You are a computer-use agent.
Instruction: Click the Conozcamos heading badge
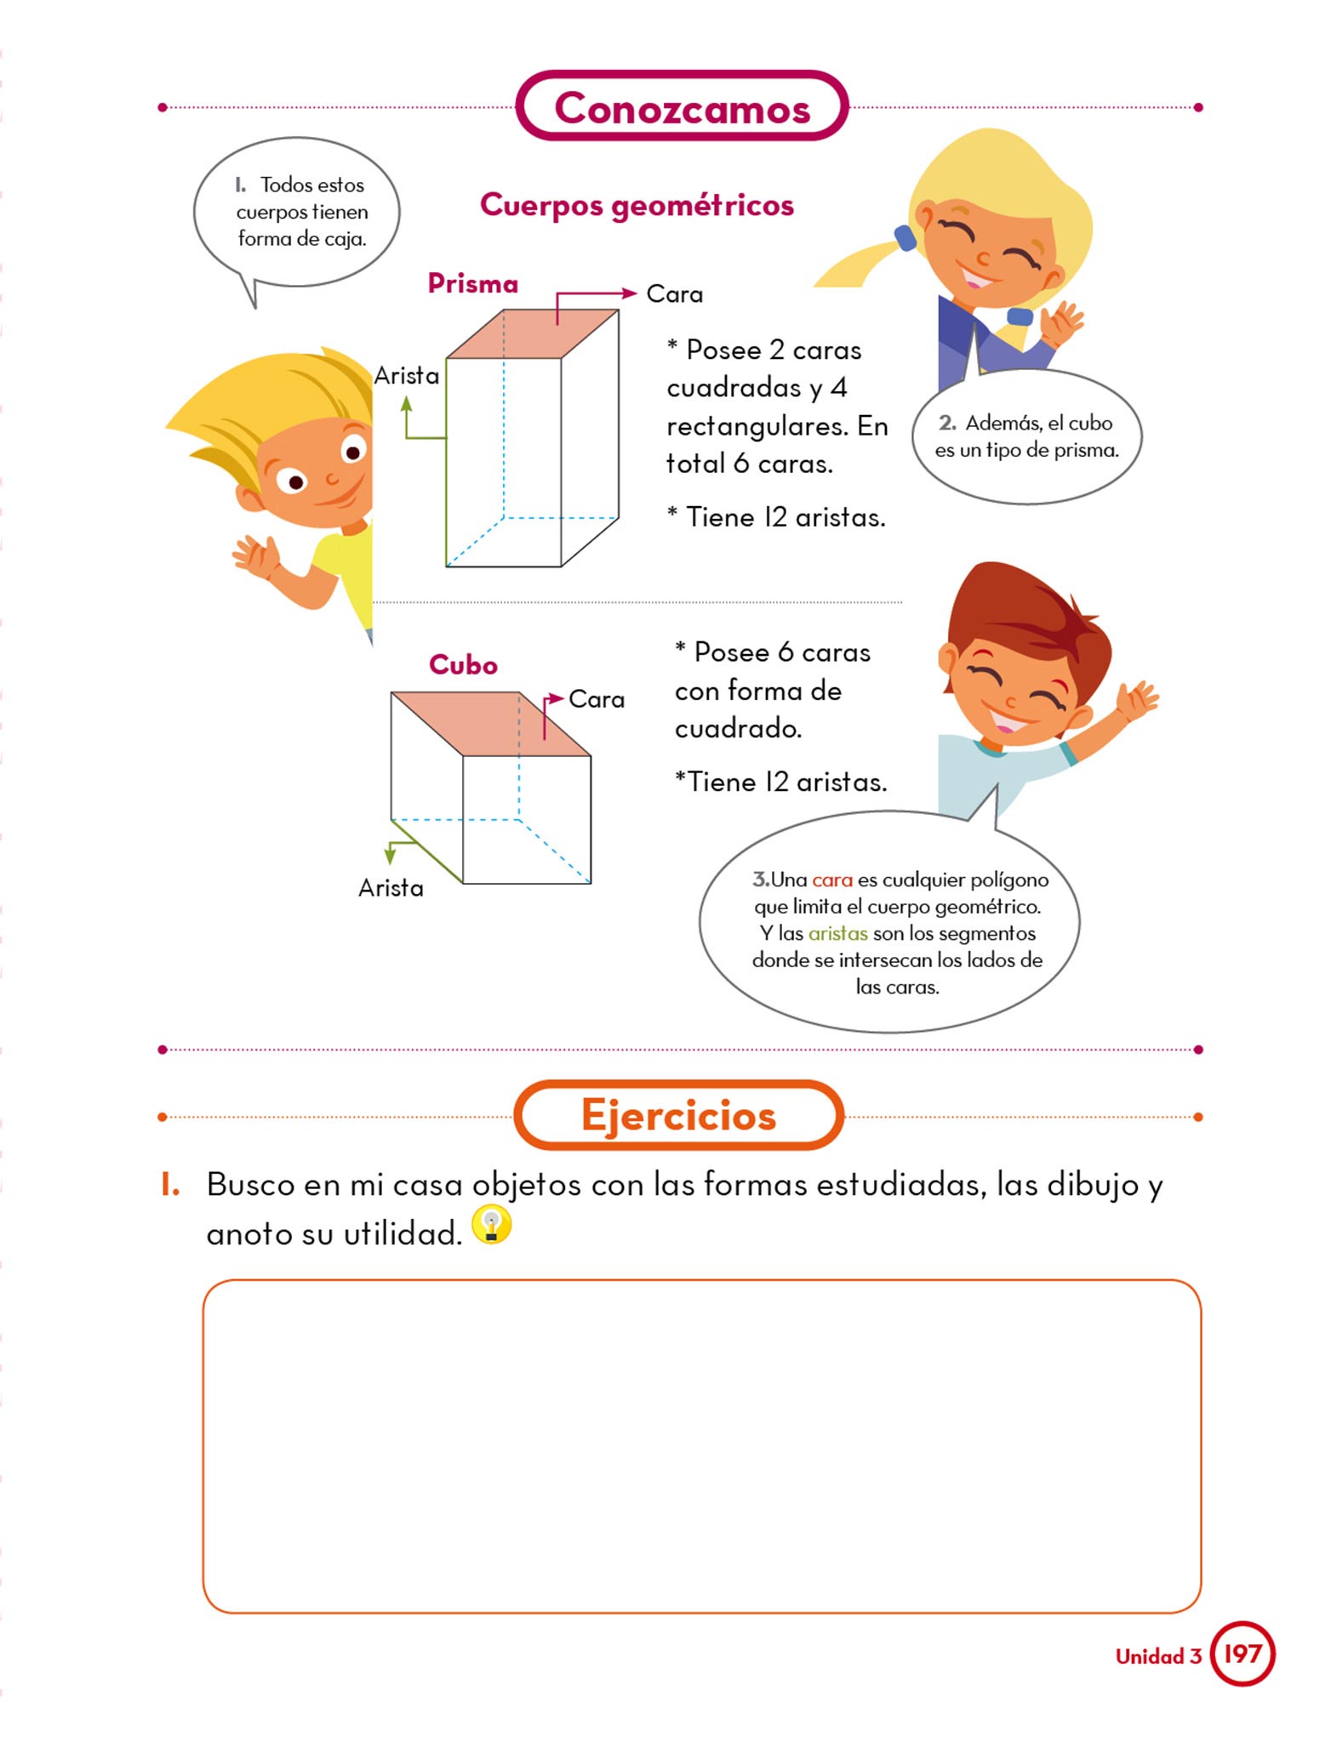pyautogui.click(x=682, y=106)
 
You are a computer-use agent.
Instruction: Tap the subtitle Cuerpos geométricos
pyautogui.click(x=637, y=205)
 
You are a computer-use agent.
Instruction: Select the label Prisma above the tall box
pyautogui.click(x=473, y=283)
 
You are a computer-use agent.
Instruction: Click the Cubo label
pyautogui.click(x=463, y=664)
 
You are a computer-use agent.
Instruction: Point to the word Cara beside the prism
pyautogui.click(x=675, y=294)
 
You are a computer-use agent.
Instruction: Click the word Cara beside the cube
pyautogui.click(x=597, y=699)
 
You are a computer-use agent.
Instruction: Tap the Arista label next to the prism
pyautogui.click(x=407, y=375)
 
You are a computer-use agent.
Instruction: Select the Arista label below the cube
pyautogui.click(x=391, y=888)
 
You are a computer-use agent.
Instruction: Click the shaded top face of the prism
pyautogui.click(x=533, y=334)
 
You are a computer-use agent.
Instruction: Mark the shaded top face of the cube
pyautogui.click(x=490, y=724)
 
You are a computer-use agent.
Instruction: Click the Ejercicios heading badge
pyautogui.click(x=679, y=1115)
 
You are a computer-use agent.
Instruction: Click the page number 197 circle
pyautogui.click(x=1242, y=1654)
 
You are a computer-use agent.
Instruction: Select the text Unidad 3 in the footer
pyautogui.click(x=1158, y=1656)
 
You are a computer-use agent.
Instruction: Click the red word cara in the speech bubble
pyautogui.click(x=832, y=880)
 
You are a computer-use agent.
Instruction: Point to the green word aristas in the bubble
pyautogui.click(x=838, y=934)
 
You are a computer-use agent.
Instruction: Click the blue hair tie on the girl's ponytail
pyautogui.click(x=905, y=238)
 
